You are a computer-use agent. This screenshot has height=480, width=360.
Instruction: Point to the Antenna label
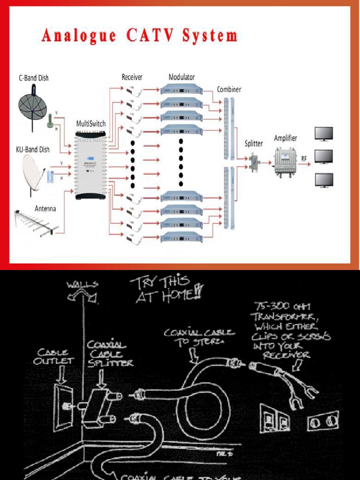pyautogui.click(x=45, y=208)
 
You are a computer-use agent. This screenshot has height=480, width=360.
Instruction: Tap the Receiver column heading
pyautogui.click(x=132, y=77)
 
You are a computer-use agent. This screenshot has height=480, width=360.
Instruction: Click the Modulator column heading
pyautogui.click(x=181, y=77)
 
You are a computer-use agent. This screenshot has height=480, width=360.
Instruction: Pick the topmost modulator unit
pyautogui.click(x=181, y=90)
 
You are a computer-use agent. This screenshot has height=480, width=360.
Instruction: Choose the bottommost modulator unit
pyautogui.click(x=181, y=237)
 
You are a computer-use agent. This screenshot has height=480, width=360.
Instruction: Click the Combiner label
pyautogui.click(x=229, y=89)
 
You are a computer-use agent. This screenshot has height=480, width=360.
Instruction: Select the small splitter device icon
pyautogui.click(x=254, y=162)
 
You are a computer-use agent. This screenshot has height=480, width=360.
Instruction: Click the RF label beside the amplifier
pyautogui.click(x=304, y=159)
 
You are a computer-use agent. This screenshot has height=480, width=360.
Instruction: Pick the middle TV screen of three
pyautogui.click(x=323, y=156)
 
